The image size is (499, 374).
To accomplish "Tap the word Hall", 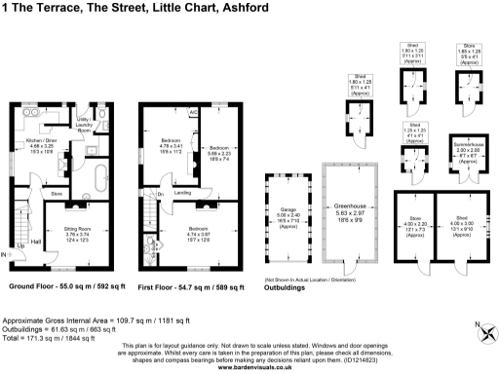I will (x=35, y=241).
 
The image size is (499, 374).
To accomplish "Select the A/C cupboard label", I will (x=194, y=112).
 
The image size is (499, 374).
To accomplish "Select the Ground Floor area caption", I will (x=63, y=289).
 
